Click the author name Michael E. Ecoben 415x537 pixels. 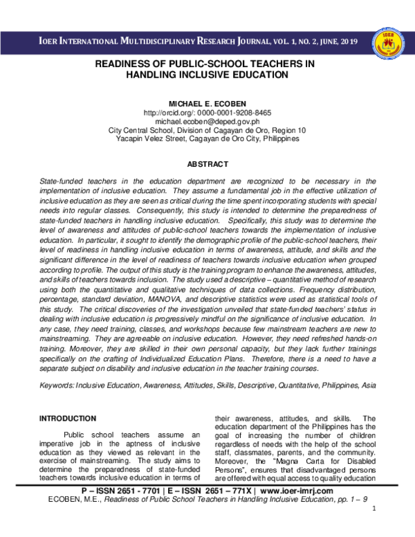coord(207,103)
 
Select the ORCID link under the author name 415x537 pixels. coord(207,112)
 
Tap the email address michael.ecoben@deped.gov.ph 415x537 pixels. coord(207,121)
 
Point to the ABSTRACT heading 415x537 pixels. coord(207,164)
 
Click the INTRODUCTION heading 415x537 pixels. coord(68,419)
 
